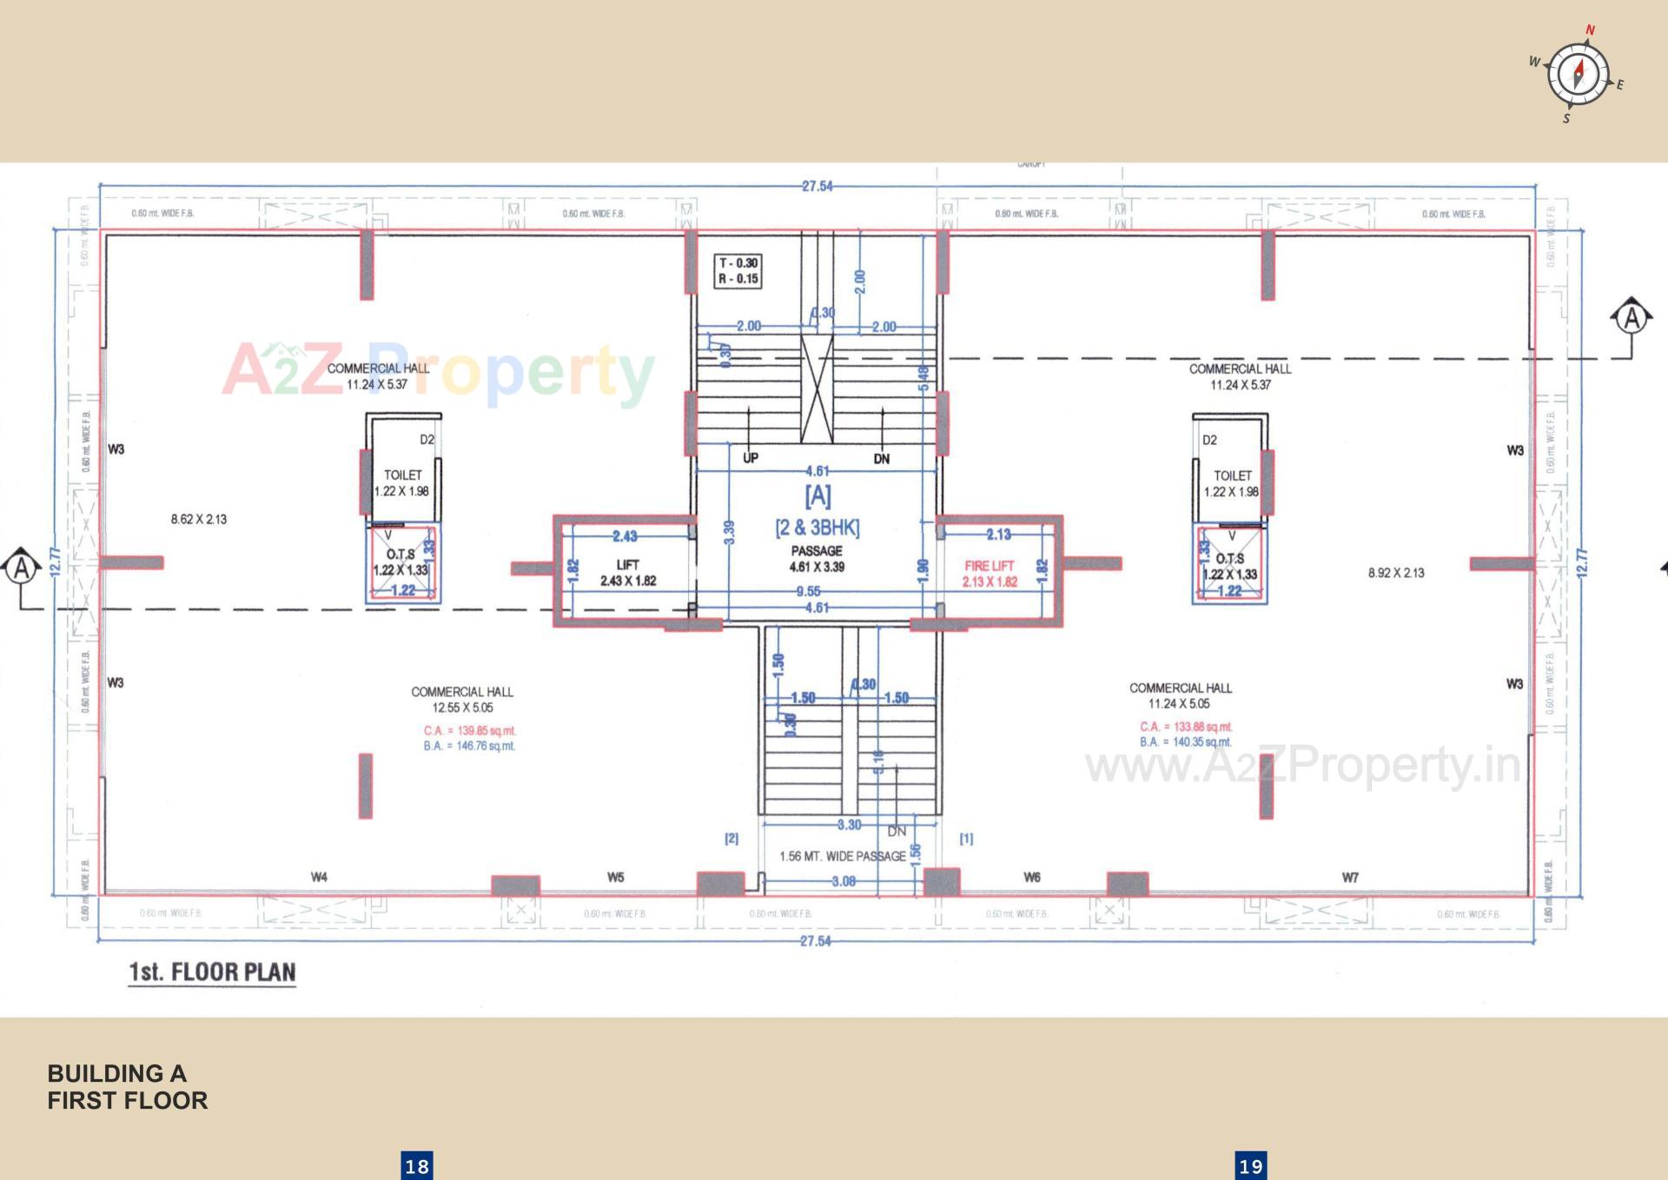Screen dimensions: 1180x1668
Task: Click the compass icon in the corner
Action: pyautogui.click(x=1579, y=74)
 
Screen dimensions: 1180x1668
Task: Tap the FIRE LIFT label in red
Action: pyautogui.click(x=990, y=573)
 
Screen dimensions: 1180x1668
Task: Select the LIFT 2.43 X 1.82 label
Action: pyautogui.click(x=627, y=573)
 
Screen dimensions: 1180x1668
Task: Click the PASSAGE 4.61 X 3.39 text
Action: pyautogui.click(x=817, y=559)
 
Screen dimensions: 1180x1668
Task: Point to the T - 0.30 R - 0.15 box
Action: pyautogui.click(x=738, y=270)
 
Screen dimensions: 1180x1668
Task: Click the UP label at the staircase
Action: pyautogui.click(x=751, y=458)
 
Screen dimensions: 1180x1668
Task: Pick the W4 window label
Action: pyautogui.click(x=319, y=877)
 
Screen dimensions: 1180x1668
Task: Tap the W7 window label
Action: pyautogui.click(x=1350, y=877)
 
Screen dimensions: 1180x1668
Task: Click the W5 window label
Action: pyautogui.click(x=615, y=877)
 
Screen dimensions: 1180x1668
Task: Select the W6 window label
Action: pyautogui.click(x=1031, y=877)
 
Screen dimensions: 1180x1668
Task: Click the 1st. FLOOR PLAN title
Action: pyautogui.click(x=212, y=971)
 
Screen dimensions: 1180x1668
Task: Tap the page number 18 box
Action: pyautogui.click(x=417, y=1165)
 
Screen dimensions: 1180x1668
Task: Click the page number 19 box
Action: pyautogui.click(x=1250, y=1165)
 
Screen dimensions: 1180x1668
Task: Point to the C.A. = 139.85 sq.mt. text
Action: pyautogui.click(x=469, y=731)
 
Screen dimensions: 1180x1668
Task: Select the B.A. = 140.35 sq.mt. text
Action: pyautogui.click(x=1185, y=742)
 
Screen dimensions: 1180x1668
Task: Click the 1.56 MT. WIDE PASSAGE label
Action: pyautogui.click(x=842, y=856)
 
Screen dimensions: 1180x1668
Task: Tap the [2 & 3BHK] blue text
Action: pyautogui.click(x=817, y=527)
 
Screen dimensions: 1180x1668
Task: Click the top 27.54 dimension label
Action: pyautogui.click(x=817, y=186)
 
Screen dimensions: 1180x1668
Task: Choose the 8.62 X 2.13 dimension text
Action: pyautogui.click(x=198, y=519)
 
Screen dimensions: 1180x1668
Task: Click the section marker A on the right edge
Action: pyautogui.click(x=1632, y=318)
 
